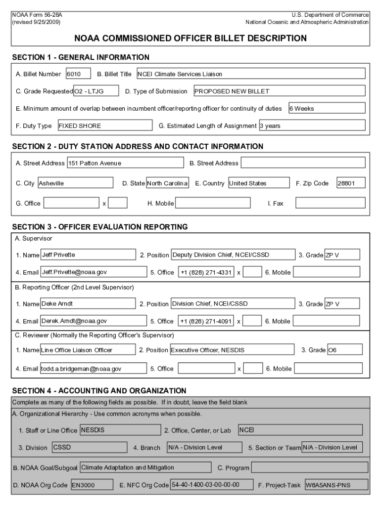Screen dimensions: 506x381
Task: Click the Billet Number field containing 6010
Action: click(78, 74)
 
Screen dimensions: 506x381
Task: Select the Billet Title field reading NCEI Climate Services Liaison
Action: click(250, 74)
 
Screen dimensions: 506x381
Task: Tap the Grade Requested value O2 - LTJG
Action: click(96, 91)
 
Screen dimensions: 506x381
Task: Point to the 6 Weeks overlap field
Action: click(327, 108)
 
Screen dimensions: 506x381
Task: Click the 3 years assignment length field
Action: click(312, 126)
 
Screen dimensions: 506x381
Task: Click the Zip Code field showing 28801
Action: click(350, 183)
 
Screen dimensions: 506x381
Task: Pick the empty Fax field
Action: click(330, 203)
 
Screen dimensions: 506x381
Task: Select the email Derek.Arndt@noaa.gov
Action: click(95, 321)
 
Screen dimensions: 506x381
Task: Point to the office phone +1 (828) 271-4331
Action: click(206, 272)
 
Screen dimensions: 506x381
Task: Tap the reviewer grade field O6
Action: click(344, 350)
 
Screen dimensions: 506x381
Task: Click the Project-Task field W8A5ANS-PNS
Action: click(336, 485)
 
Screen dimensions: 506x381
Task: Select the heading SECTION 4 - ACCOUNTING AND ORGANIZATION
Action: click(99, 390)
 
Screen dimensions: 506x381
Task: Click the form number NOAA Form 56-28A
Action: click(37, 15)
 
